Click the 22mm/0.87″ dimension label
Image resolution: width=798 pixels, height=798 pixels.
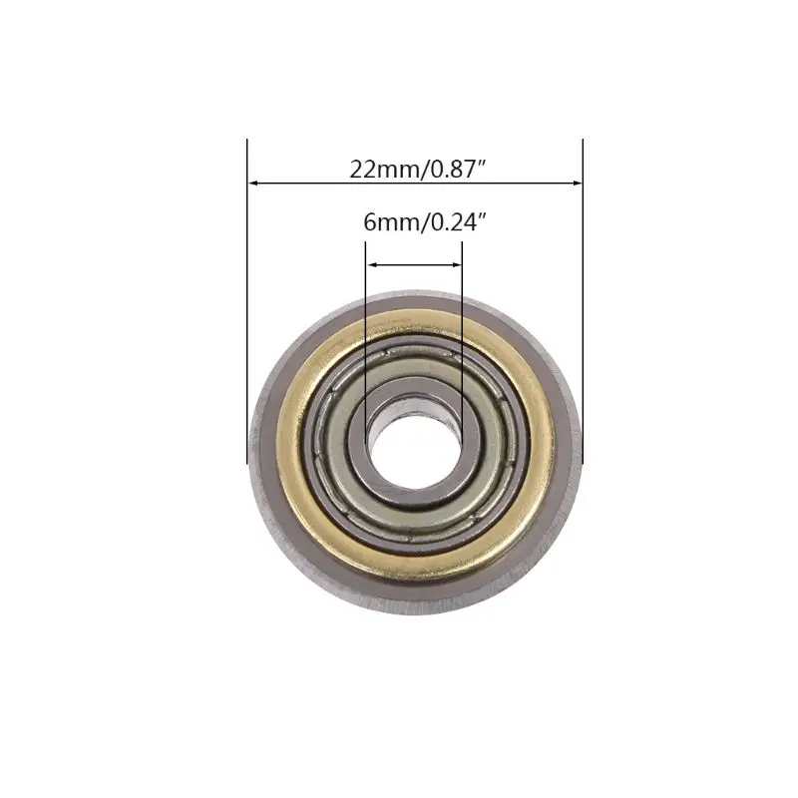[x=416, y=169]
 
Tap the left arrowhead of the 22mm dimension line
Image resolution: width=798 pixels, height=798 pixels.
[x=252, y=184]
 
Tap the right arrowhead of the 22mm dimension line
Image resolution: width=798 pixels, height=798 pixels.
[x=577, y=184]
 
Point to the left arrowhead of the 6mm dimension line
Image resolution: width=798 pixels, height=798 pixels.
[x=371, y=265]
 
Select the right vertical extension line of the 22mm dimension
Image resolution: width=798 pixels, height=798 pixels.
[x=583, y=299]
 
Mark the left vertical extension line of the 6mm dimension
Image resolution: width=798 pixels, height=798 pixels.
[x=365, y=329]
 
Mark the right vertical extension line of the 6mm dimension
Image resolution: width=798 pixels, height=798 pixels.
[x=463, y=329]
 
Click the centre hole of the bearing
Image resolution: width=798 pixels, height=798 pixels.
[x=415, y=440]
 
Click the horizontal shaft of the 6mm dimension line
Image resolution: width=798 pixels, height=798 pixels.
[x=414, y=265]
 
